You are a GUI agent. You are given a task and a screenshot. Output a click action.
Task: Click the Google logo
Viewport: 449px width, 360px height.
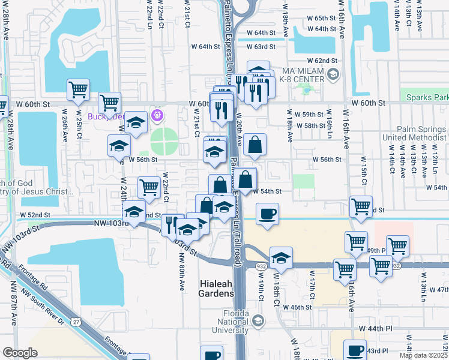pyautogui.click(x=20, y=353)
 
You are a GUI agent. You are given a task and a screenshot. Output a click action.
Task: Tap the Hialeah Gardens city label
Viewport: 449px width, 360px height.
pyautogui.click(x=216, y=287)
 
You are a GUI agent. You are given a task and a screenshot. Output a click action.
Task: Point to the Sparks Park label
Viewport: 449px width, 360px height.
pyautogui.click(x=427, y=97)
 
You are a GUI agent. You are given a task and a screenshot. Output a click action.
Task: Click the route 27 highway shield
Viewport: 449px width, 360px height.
pyautogui.click(x=75, y=323)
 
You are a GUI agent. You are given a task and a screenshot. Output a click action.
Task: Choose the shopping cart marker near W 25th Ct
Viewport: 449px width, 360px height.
pyautogui.click(x=79, y=91)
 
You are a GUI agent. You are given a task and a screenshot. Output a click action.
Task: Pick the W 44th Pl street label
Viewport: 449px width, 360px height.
pyautogui.click(x=376, y=329)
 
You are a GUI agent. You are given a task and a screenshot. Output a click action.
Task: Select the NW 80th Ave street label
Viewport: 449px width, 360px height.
pyautogui.click(x=181, y=272)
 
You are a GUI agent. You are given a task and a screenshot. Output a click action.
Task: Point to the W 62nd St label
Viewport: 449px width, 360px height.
pyautogui.click(x=322, y=61)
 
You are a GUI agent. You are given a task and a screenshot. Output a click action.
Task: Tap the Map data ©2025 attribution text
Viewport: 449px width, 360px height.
pyautogui.click(x=423, y=355)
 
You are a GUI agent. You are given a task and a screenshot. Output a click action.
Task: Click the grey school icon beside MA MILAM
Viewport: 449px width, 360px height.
pyautogui.click(x=333, y=74)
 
